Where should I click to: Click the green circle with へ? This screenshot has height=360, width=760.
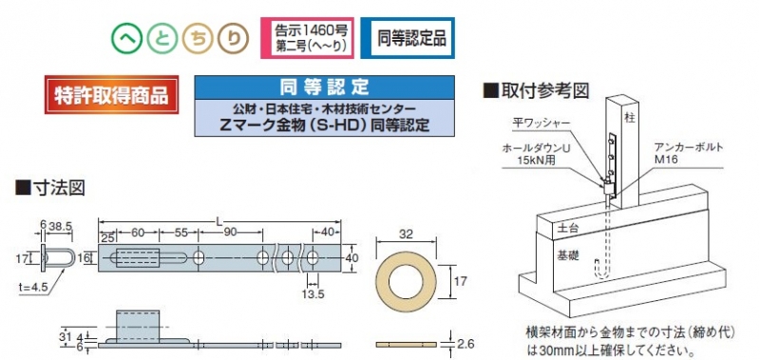coord(127,38)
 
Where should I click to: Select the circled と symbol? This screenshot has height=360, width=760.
coord(162,38)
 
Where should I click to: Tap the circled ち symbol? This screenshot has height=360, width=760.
coord(198,38)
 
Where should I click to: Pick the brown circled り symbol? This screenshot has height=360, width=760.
coord(233,38)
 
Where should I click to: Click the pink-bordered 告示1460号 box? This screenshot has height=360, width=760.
coord(307,38)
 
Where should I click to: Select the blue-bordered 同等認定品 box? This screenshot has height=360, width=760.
coord(408,38)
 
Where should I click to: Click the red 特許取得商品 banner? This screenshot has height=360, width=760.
coord(111,94)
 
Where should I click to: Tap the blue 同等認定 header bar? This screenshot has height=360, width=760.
coord(324,87)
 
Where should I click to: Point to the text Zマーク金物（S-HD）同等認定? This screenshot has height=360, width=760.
coord(324,125)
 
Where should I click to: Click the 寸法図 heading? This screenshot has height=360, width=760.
coord(50,187)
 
